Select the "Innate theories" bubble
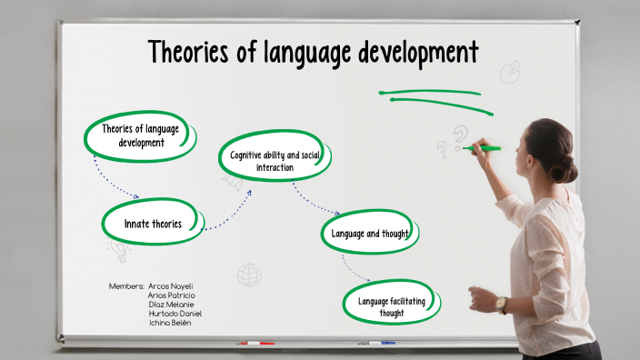(154, 224)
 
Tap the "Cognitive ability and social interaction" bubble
(275, 161)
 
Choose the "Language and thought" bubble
(369, 234)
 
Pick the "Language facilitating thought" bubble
(393, 307)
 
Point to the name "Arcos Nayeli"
(170, 286)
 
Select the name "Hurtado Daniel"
(175, 314)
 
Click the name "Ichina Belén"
(170, 323)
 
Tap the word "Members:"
(126, 286)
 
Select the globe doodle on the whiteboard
(249, 274)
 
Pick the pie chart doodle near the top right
(511, 72)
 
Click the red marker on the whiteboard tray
(256, 344)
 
